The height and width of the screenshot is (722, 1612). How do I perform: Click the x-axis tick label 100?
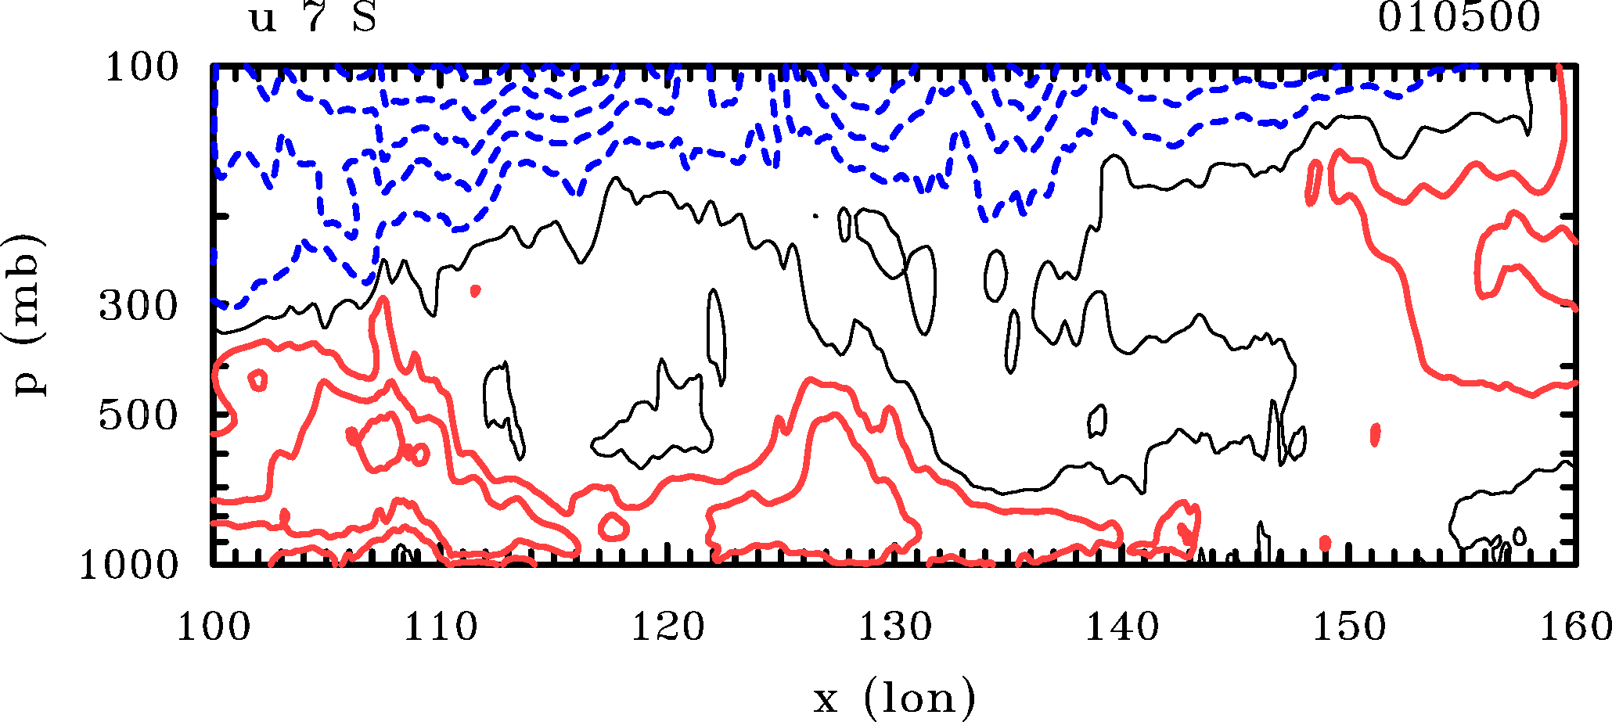pyautogui.click(x=213, y=627)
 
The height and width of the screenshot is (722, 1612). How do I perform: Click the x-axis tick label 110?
pyautogui.click(x=440, y=627)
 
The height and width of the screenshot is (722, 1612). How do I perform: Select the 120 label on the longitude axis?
pyautogui.click(x=667, y=627)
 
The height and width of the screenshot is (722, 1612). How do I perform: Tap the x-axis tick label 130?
pyautogui.click(x=894, y=627)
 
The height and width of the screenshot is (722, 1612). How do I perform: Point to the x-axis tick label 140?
pyautogui.click(x=1121, y=627)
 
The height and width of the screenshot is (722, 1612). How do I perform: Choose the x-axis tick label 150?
pyautogui.click(x=1349, y=627)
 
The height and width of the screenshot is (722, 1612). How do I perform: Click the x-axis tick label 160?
pyautogui.click(x=1574, y=627)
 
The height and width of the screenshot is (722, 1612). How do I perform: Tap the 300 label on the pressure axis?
pyautogui.click(x=139, y=306)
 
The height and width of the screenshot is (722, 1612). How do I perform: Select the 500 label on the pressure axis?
pyautogui.click(x=139, y=415)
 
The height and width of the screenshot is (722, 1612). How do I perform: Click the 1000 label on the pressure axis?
pyautogui.click(x=129, y=565)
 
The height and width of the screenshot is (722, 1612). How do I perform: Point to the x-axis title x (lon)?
pyautogui.click(x=894, y=697)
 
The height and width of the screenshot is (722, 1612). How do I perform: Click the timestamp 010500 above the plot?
pyautogui.click(x=1459, y=17)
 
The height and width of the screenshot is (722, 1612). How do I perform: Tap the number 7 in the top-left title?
pyautogui.click(x=314, y=17)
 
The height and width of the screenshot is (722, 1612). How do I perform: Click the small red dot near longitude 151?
pyautogui.click(x=1375, y=433)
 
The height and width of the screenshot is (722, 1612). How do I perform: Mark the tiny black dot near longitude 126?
pyautogui.click(x=815, y=215)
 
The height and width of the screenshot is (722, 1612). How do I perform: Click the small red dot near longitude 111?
pyautogui.click(x=475, y=291)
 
